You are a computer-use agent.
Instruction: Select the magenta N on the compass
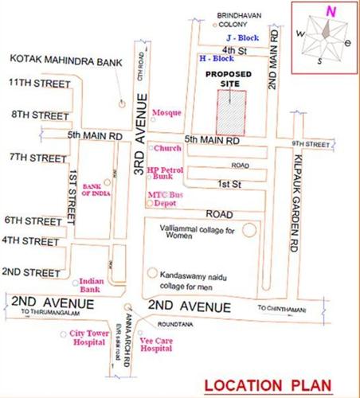(328, 10)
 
